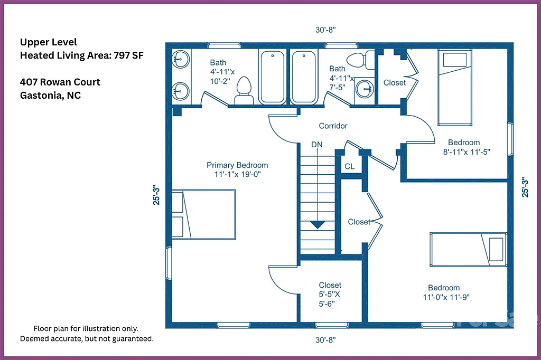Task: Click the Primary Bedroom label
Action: tap(237, 165)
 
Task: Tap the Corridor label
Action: tap(333, 126)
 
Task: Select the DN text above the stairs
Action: tap(316, 145)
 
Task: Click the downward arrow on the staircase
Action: tap(317, 224)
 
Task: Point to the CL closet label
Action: tap(349, 166)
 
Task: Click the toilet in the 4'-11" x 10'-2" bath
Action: tap(244, 91)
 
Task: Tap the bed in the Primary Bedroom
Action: tap(203, 214)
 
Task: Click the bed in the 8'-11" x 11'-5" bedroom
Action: tap(454, 88)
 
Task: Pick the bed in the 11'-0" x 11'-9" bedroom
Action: tap(467, 248)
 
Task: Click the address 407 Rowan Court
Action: tap(60, 82)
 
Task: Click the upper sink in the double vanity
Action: tap(181, 58)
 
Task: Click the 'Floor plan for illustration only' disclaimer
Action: tap(86, 328)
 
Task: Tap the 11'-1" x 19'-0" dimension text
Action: tap(237, 174)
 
